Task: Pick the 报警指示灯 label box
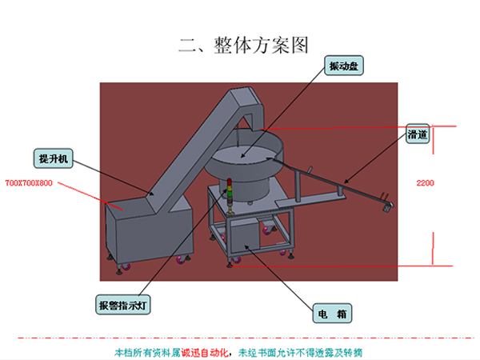(119, 305)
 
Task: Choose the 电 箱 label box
(331, 314)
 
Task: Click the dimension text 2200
(426, 183)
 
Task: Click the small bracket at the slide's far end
(388, 206)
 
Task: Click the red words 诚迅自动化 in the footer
(203, 351)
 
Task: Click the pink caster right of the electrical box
(282, 250)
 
